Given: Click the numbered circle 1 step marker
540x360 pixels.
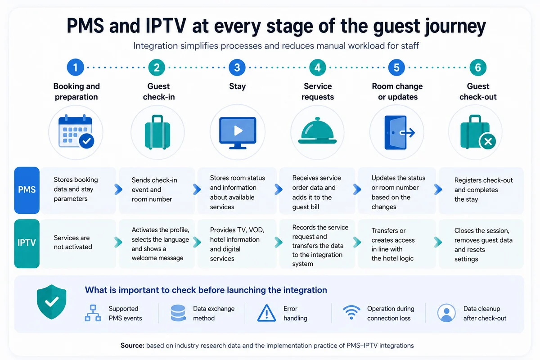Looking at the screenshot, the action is coord(76,67).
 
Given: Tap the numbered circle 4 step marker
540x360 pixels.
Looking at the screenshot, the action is coord(318,67).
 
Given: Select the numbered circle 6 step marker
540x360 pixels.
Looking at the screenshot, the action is coord(478,67).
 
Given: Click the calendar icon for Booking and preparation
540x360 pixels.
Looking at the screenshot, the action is coord(76,131).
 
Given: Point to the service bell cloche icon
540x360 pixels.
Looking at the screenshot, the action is coord(317,130).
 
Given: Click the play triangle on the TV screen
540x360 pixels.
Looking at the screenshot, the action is coord(238,130).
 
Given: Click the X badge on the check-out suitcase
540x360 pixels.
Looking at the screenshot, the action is coord(488,141).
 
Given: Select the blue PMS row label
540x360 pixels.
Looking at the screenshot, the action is coord(27,190).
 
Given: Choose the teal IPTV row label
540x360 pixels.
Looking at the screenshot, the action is coord(27,243).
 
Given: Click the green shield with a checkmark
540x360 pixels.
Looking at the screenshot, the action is coord(51,301).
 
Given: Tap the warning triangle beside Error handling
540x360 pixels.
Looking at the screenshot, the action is coord(266,313).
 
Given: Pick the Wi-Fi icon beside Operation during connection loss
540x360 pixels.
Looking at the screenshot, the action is coord(351,312).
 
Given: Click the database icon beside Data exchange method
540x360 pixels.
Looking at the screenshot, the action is coord(178,313).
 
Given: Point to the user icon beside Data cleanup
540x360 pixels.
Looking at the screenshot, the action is coord(446,313).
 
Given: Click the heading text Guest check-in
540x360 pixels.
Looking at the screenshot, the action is coord(158,91).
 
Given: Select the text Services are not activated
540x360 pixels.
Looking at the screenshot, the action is coord(73,243).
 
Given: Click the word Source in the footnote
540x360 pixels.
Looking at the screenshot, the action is coord(132,346).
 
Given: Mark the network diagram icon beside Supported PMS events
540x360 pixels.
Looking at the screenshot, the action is coord(93,313).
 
